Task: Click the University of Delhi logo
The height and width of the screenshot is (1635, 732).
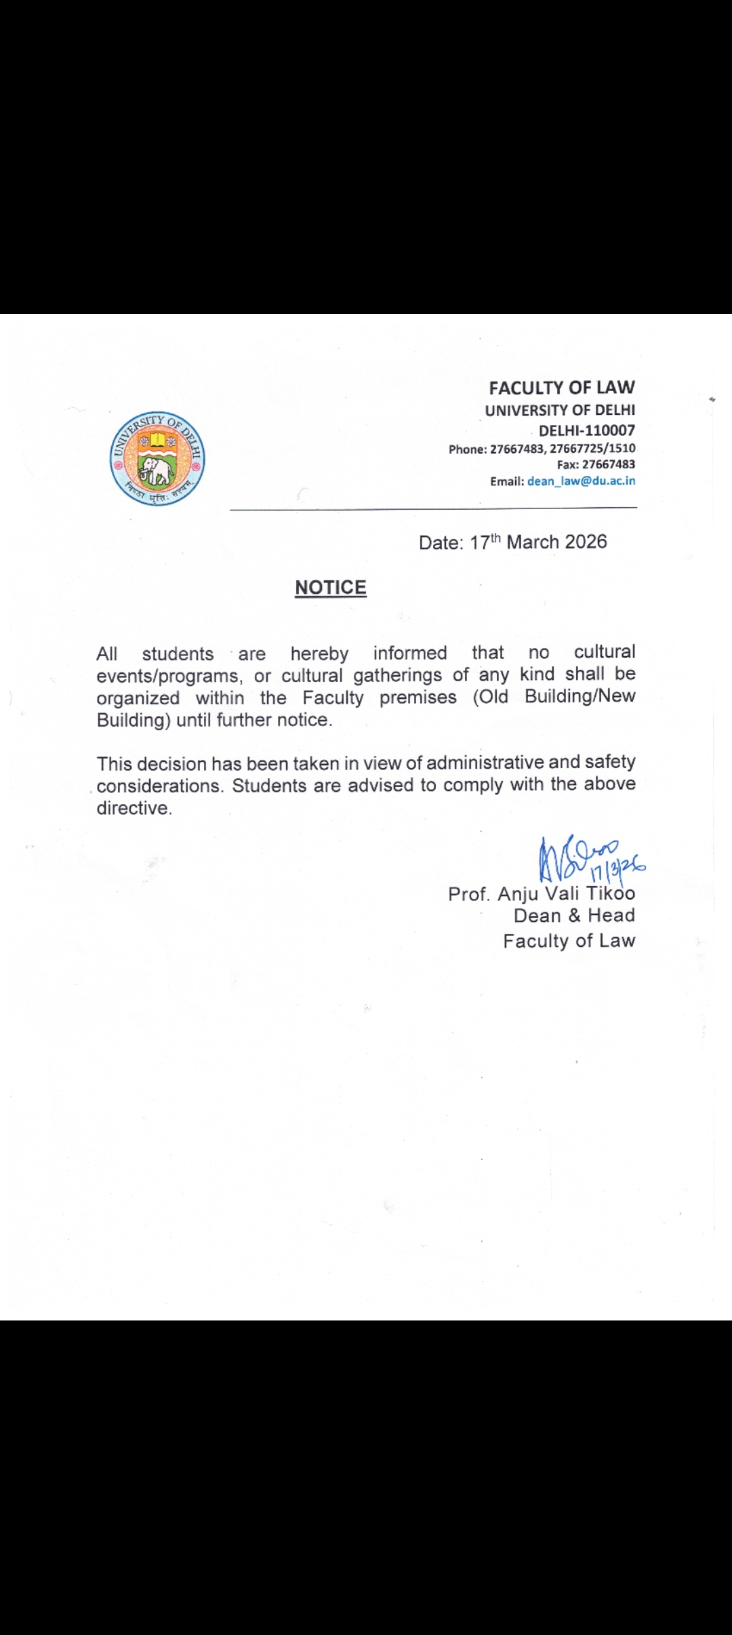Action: click(x=157, y=459)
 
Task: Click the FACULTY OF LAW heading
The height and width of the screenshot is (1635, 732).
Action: click(x=562, y=388)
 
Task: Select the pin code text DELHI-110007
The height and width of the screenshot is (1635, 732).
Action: click(x=587, y=430)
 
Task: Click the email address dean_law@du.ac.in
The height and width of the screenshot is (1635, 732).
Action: click(x=581, y=481)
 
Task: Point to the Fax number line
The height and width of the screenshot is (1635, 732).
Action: click(x=596, y=464)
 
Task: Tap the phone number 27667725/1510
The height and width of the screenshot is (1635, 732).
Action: click(x=592, y=448)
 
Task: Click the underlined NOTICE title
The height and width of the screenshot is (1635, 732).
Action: click(x=331, y=587)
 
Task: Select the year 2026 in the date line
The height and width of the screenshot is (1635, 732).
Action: click(x=586, y=542)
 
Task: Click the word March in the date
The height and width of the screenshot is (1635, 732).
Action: click(x=533, y=542)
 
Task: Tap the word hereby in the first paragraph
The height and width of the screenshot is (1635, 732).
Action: click(x=319, y=653)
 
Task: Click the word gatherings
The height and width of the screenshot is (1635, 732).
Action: click(x=397, y=675)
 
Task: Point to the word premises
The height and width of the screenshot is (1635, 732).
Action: click(x=418, y=698)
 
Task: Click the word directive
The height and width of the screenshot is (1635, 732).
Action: click(x=134, y=808)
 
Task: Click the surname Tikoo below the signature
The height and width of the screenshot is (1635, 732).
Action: click(x=610, y=893)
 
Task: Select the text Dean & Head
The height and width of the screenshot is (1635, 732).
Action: click(x=574, y=916)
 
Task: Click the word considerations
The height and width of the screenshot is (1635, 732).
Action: click(x=159, y=786)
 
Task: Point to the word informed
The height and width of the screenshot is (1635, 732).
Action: click(x=410, y=653)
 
